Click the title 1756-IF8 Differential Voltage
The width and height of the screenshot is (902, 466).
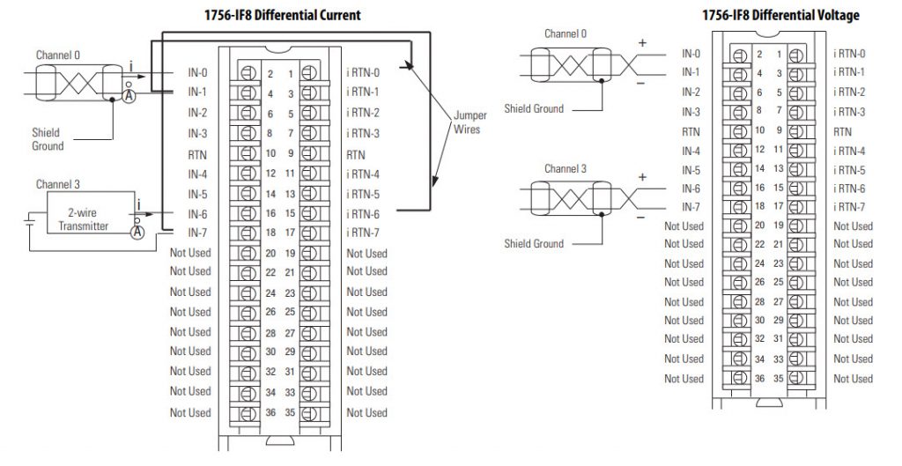[x=780, y=15]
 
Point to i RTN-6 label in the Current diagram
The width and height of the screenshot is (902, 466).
[x=363, y=214]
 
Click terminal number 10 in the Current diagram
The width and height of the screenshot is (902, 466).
[x=271, y=153]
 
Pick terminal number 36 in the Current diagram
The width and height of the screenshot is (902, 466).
[x=271, y=411]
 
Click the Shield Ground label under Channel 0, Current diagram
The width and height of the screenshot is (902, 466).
[x=48, y=139]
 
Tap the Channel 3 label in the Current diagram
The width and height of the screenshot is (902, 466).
[x=58, y=184]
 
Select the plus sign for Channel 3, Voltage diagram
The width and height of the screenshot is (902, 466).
[x=641, y=177]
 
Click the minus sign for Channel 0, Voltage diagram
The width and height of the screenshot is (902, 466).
[x=641, y=83]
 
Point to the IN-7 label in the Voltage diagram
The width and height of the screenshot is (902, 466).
[x=691, y=207]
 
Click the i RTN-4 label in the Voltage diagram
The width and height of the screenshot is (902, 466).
[x=849, y=151]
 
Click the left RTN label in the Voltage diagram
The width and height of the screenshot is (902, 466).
[x=691, y=130]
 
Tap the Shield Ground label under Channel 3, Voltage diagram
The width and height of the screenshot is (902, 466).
[x=534, y=243]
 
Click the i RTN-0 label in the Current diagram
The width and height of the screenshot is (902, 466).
[x=363, y=72]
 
